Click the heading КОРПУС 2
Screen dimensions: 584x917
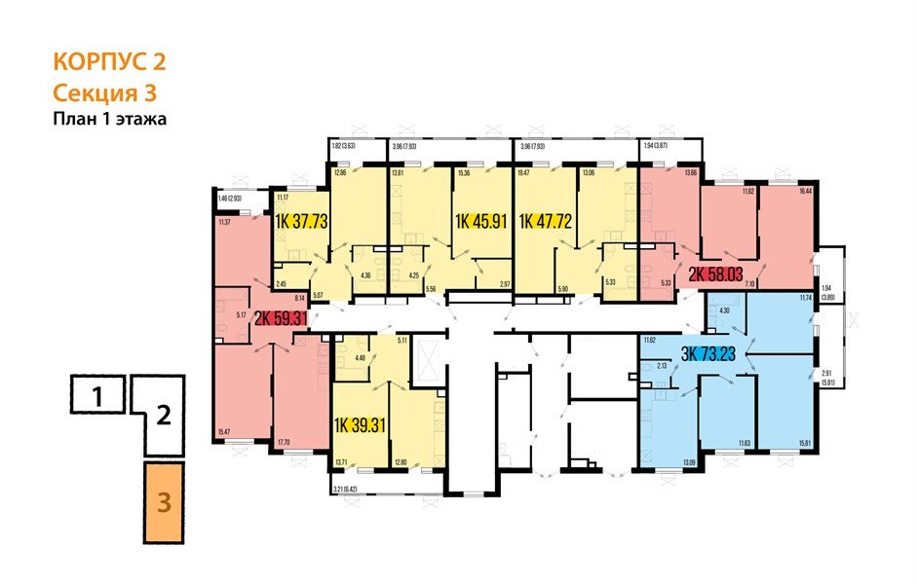pyautogui.click(x=109, y=63)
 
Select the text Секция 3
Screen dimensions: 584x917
pyautogui.click(x=103, y=93)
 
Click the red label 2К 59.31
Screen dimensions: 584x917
pyautogui.click(x=282, y=317)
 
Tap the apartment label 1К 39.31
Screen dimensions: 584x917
pyautogui.click(x=359, y=425)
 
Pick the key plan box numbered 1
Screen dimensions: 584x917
pyautogui.click(x=97, y=396)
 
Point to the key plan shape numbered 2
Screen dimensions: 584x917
pyautogui.click(x=164, y=417)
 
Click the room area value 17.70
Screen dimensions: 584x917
pyautogui.click(x=285, y=443)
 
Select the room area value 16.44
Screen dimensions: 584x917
pyautogui.click(x=804, y=194)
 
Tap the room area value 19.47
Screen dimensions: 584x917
pyautogui.click(x=523, y=173)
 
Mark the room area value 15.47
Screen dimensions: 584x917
pyautogui.click(x=225, y=431)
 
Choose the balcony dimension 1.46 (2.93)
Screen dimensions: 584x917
pyautogui.click(x=239, y=199)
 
